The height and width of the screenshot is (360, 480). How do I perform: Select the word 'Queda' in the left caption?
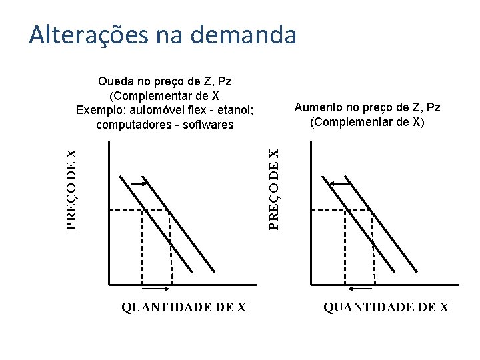point(115,82)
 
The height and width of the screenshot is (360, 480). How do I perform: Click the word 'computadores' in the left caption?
point(130,125)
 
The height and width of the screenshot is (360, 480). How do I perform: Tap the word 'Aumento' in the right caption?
point(316,107)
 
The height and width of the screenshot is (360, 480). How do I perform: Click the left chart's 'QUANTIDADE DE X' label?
point(184,307)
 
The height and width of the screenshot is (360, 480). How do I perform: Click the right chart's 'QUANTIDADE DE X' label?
point(386,307)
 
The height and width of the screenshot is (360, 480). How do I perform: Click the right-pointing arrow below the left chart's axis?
point(156,289)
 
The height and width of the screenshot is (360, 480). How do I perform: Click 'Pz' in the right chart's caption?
point(433,107)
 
